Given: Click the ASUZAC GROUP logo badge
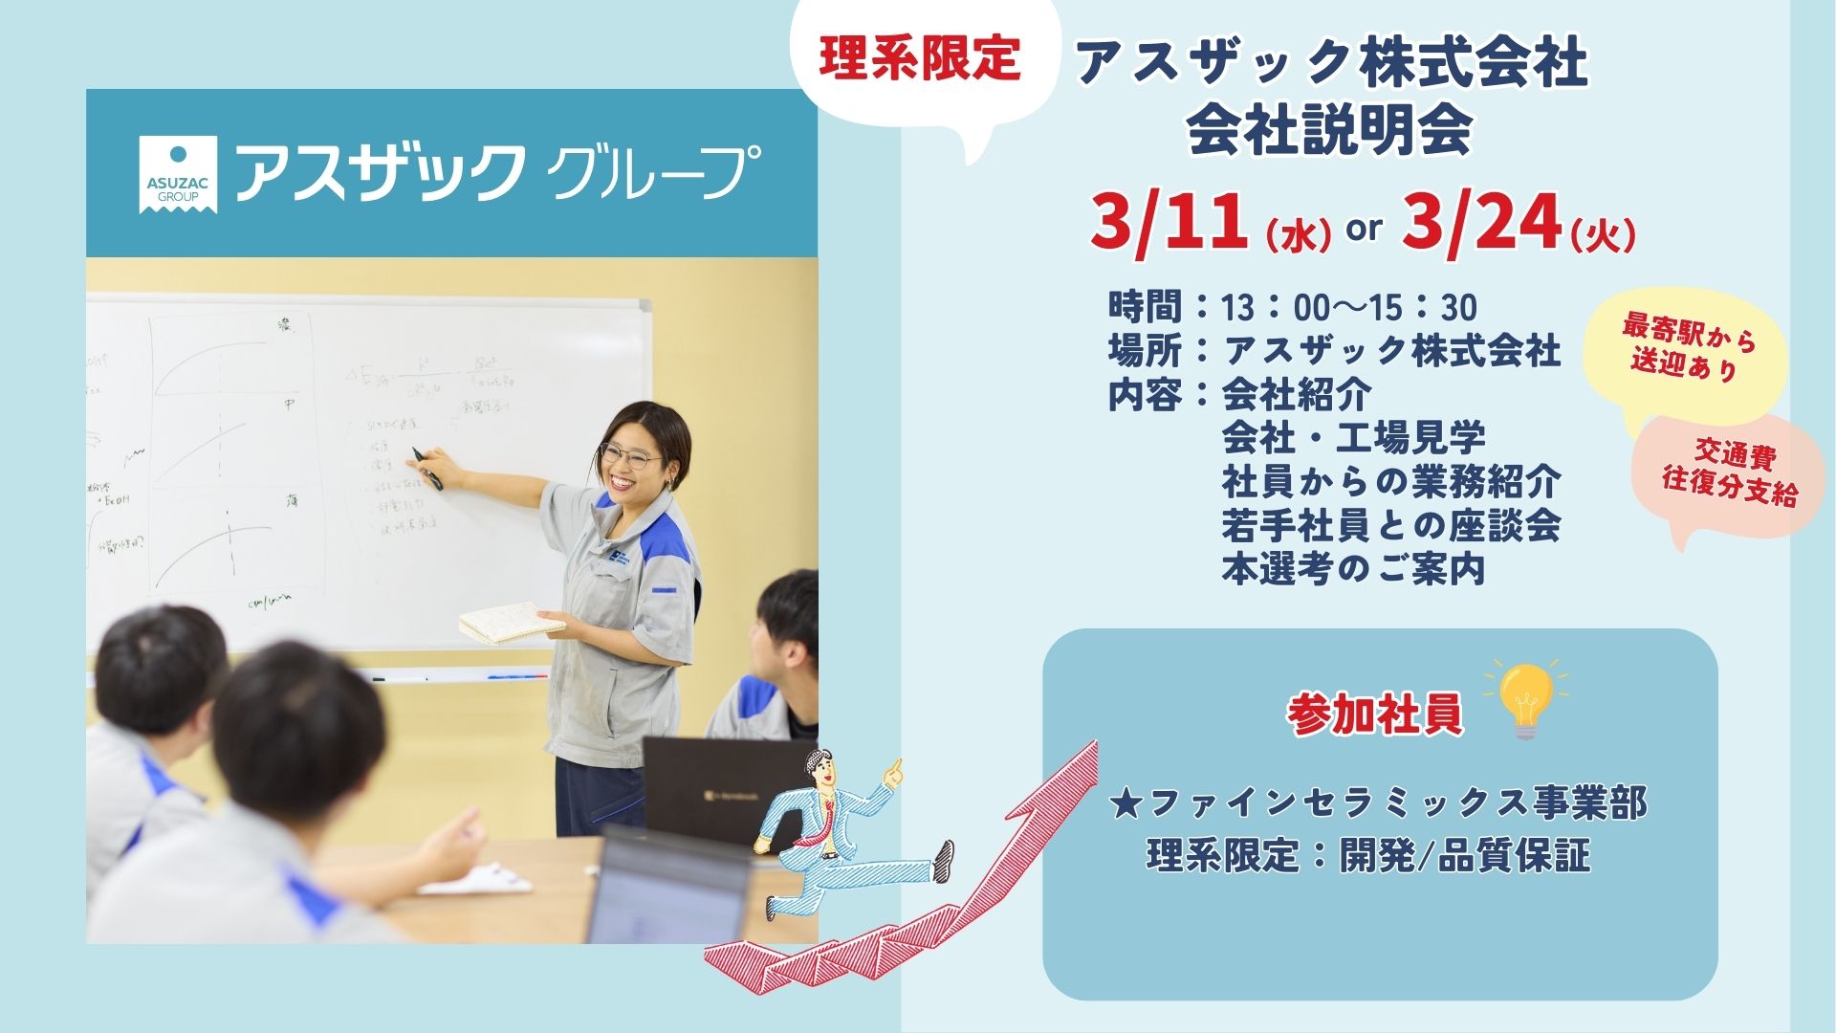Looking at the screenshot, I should [x=178, y=173].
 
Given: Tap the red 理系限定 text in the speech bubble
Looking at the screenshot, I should [x=920, y=59].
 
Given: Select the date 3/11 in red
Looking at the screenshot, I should [x=1169, y=222].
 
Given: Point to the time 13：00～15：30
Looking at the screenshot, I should [x=1348, y=308].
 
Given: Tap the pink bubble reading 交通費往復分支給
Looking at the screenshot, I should [x=1731, y=473].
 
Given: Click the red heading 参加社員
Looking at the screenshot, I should [x=1375, y=715].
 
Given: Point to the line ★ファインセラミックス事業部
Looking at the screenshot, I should [x=1379, y=803].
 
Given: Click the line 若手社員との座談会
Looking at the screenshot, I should [x=1390, y=526].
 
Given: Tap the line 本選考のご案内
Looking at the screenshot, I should [x=1352, y=570].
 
